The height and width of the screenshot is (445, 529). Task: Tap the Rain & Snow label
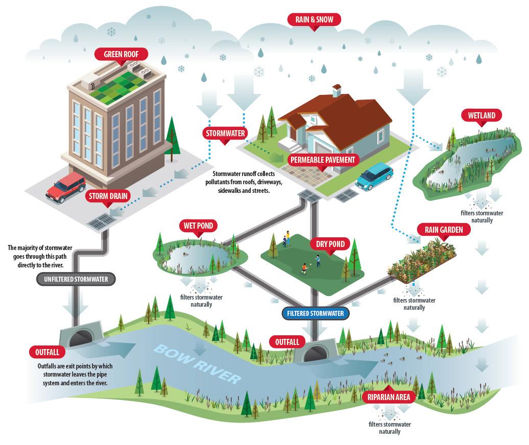pos(314,20)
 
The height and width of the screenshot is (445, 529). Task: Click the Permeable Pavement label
pos(322,160)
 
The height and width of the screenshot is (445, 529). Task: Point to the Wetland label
pos(482,115)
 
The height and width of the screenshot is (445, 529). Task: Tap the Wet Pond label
pos(198,226)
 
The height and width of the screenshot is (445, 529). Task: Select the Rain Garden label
pos(443,230)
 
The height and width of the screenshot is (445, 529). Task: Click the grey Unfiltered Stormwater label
pos(76,279)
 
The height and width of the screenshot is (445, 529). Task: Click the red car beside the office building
pos(66,187)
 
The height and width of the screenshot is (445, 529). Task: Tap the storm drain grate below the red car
pos(102,221)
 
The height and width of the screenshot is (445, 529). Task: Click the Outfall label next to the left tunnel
pos(47,352)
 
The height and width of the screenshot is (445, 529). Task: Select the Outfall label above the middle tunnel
pos(287,341)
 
